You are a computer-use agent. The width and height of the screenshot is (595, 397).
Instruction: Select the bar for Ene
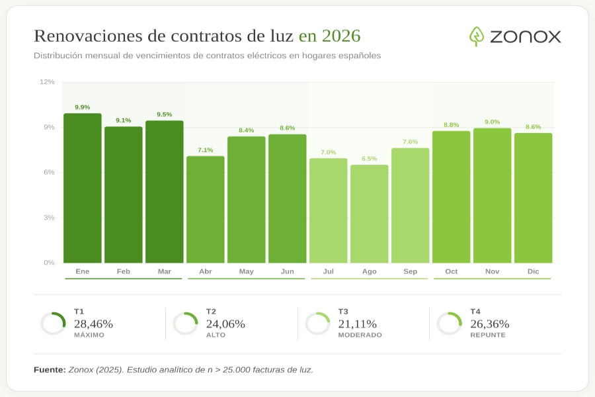click(83, 189)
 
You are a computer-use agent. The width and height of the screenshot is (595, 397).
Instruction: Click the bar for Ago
click(370, 214)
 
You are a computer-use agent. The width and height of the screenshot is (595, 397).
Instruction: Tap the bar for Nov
click(493, 196)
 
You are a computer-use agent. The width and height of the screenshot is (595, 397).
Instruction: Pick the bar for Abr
click(206, 210)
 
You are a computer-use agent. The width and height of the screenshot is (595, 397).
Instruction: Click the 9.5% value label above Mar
click(165, 114)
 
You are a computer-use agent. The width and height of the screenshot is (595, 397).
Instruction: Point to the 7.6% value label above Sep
click(411, 142)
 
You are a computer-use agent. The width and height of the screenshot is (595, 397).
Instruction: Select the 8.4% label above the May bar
click(247, 130)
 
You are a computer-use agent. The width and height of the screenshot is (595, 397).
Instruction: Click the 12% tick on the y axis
click(48, 82)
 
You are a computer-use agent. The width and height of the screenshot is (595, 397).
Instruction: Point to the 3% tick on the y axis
click(50, 218)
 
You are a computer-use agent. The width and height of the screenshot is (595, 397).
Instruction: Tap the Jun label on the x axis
click(288, 271)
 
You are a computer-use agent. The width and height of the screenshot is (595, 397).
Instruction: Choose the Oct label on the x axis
click(452, 271)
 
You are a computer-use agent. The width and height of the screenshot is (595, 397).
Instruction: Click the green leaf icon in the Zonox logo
click(477, 36)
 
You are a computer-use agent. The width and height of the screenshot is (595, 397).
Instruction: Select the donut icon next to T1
click(53, 324)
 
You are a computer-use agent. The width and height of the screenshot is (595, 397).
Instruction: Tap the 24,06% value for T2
click(225, 324)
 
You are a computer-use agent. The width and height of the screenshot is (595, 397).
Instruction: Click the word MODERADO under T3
click(360, 335)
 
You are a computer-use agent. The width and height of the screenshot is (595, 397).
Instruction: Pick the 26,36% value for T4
click(490, 324)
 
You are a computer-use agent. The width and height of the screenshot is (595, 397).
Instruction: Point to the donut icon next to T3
click(317, 324)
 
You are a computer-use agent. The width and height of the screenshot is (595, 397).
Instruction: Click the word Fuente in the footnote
click(50, 370)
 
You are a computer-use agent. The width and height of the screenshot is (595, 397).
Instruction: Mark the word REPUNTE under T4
click(488, 335)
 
